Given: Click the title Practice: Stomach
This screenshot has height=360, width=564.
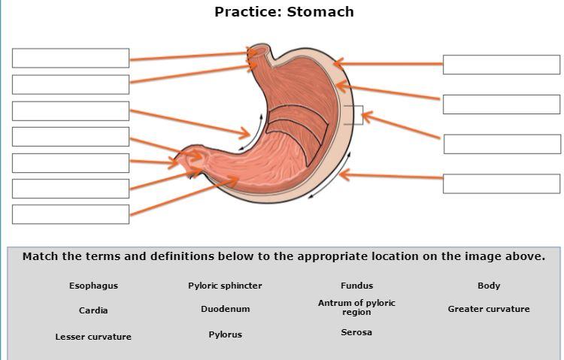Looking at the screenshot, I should [284, 12].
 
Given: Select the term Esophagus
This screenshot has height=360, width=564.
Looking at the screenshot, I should [93, 286].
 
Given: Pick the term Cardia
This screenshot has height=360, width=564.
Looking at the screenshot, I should [93, 310].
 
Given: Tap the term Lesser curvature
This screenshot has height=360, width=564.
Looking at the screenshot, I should [93, 337].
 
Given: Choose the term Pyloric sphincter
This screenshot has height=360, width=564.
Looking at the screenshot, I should [225, 286].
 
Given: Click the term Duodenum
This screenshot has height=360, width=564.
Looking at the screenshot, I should [225, 309].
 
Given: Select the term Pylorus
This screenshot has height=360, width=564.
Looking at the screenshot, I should [225, 334].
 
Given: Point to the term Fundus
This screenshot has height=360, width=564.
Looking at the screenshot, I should [356, 286].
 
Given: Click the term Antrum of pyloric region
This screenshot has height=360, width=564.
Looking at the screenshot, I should [356, 307].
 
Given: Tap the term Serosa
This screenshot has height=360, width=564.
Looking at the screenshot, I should [356, 332].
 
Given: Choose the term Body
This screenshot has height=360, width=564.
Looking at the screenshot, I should [489, 286].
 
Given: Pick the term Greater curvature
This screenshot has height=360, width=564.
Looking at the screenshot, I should [489, 309].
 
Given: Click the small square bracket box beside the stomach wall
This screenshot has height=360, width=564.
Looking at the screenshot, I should [353, 115].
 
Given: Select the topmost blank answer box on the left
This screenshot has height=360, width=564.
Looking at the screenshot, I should [71, 58].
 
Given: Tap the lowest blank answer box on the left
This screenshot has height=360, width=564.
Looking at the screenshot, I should [71, 214].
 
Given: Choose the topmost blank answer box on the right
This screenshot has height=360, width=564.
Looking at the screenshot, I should [502, 65].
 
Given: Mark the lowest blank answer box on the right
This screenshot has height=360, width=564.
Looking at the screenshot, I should [502, 183].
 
